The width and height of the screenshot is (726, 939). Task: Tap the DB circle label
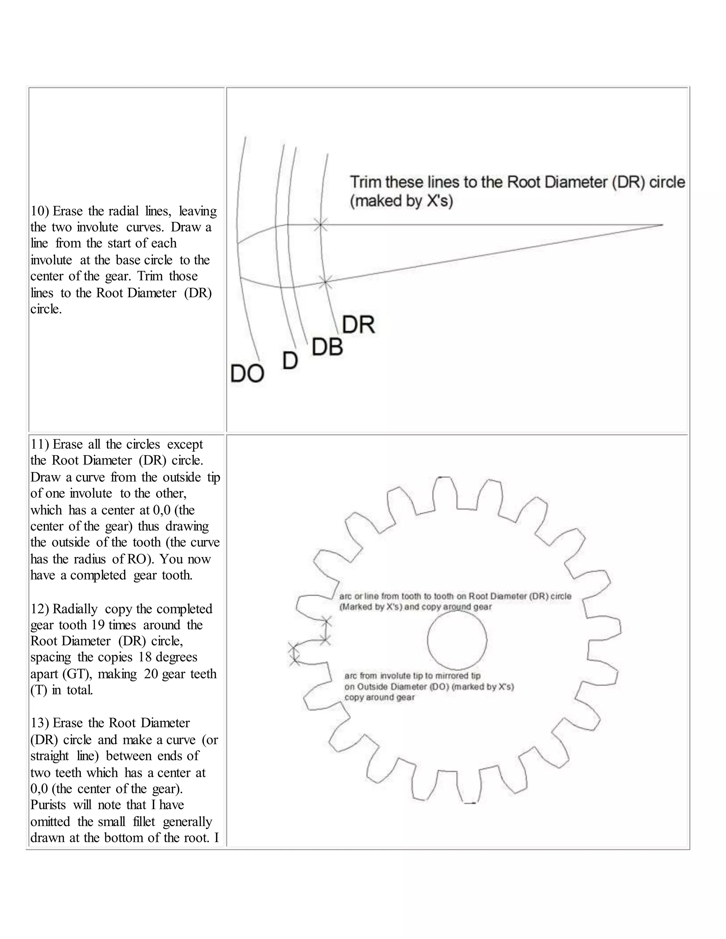(327, 347)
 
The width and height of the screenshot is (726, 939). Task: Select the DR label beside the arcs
(358, 325)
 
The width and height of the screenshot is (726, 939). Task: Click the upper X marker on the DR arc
(320, 224)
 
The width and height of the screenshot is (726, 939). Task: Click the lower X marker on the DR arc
(325, 282)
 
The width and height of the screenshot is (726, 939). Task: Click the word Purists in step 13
(48, 805)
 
